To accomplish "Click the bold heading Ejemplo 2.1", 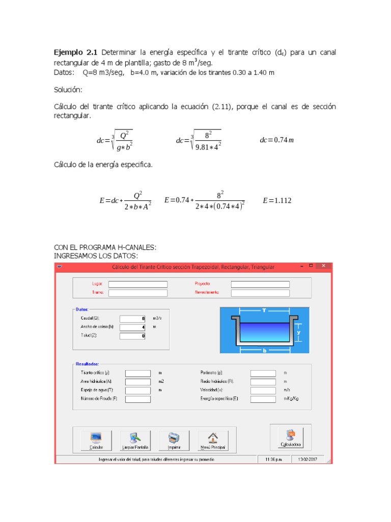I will click(76, 53).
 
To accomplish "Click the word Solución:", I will click(68, 90).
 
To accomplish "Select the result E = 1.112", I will click(277, 201).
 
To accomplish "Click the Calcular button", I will click(96, 440).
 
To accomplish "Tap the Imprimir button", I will click(174, 440).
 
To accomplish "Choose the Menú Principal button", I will click(212, 440).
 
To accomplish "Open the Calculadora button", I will click(291, 437).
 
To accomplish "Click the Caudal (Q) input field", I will click(133, 318).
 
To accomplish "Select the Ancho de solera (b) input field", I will click(133, 327).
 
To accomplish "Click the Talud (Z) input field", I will click(133, 336).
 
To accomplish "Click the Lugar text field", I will click(137, 284).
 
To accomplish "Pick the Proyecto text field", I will click(260, 284).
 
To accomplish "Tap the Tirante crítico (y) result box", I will click(138, 373).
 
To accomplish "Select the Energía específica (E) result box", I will click(263, 399).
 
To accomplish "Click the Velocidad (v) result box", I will click(263, 390).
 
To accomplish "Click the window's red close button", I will click(323, 266).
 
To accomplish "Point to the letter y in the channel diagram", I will click(299, 332).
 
